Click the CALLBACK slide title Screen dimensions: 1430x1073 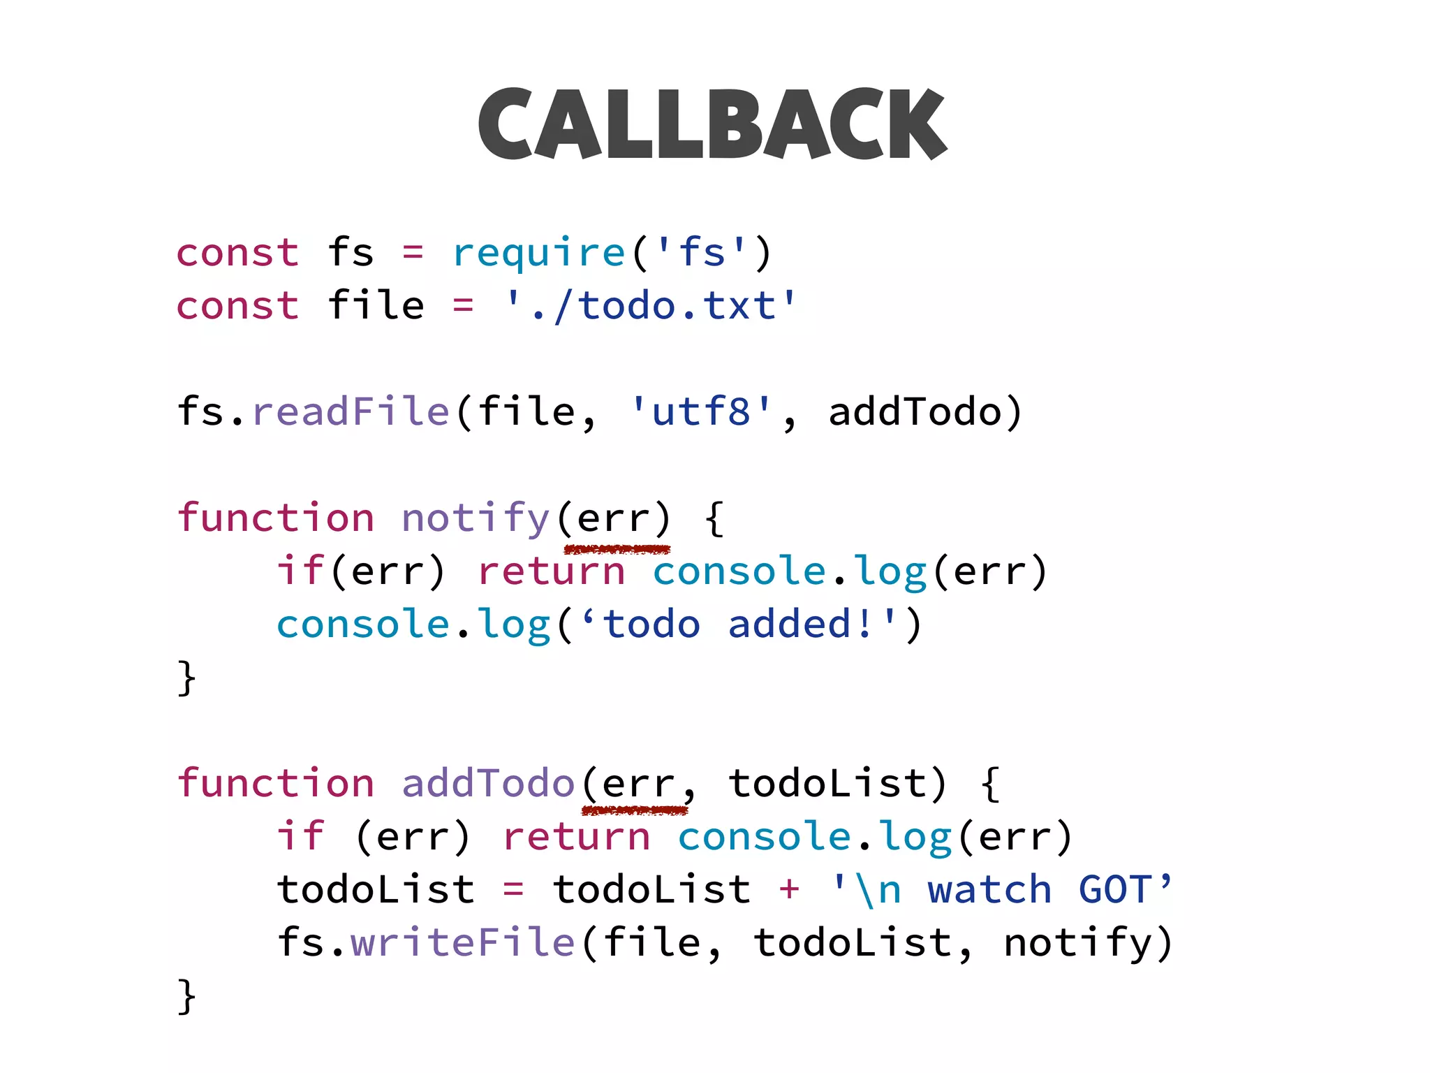pyautogui.click(x=712, y=124)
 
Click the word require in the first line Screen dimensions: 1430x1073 pyautogui.click(x=538, y=252)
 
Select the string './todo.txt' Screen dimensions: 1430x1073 pyautogui.click(x=650, y=305)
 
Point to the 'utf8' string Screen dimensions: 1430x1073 pyautogui.click(x=701, y=411)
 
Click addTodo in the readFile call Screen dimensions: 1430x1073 pyautogui.click(x=915, y=411)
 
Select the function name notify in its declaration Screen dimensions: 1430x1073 pyautogui.click(x=476, y=518)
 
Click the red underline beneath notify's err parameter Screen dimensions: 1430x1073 pyautogui.click(x=617, y=549)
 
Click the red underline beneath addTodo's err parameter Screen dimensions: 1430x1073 pyautogui.click(x=635, y=810)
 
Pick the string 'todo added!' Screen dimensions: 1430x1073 pyautogui.click(x=740, y=624)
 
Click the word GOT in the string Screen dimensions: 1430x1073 pyautogui.click(x=1115, y=889)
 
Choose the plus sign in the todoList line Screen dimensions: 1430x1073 pyautogui.click(x=790, y=889)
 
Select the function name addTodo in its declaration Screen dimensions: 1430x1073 pyautogui.click(x=488, y=782)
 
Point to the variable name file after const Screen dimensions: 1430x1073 pyautogui.click(x=376, y=305)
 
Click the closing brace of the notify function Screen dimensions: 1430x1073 pyautogui.click(x=186, y=678)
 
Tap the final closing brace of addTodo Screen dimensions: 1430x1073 pyautogui.click(x=186, y=995)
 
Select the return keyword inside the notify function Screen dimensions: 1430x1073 pyautogui.click(x=552, y=571)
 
